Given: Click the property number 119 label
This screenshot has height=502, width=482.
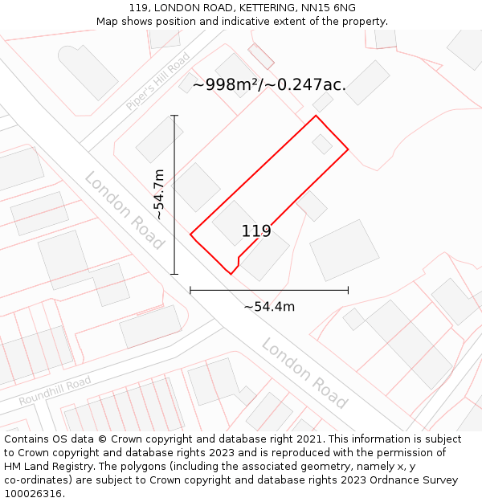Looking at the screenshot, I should pyautogui.click(x=256, y=231).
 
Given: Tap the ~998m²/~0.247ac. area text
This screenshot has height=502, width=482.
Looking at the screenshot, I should pyautogui.click(x=269, y=84).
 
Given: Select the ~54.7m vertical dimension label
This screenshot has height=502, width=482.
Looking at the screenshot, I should pyautogui.click(x=160, y=194).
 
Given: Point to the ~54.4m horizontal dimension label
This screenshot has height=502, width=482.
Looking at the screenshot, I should pyautogui.click(x=269, y=306).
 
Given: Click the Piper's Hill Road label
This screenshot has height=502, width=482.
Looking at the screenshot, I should pyautogui.click(x=157, y=82).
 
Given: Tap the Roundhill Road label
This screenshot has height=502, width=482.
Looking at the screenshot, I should pyautogui.click(x=55, y=390).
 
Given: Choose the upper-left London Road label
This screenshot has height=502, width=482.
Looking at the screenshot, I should pyautogui.click(x=125, y=210).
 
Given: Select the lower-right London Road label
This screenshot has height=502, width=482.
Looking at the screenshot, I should pyautogui.click(x=304, y=373).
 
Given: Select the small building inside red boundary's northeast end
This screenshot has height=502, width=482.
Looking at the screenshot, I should pyautogui.click(x=322, y=144).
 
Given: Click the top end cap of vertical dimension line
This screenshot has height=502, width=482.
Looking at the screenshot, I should pyautogui.click(x=174, y=116).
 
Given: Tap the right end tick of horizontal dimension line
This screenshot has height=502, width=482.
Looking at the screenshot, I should pyautogui.click(x=348, y=290).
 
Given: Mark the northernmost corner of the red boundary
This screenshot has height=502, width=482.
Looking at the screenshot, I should pyautogui.click(x=316, y=116).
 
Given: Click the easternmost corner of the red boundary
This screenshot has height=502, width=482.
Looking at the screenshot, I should pyautogui.click(x=348, y=149).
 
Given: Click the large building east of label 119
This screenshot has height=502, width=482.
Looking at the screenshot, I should pyautogui.click(x=345, y=250).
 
